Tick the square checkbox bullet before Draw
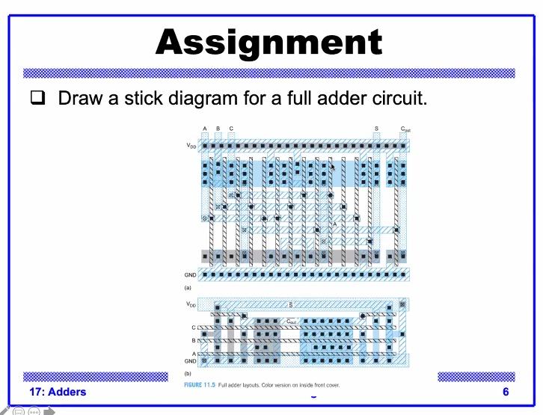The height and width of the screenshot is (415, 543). coord(38,98)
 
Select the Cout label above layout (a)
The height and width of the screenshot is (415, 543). coord(405,129)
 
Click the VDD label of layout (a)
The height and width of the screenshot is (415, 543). coord(192,146)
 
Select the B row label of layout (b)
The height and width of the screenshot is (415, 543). coord(194,340)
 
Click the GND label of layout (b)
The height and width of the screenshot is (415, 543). coord(191,360)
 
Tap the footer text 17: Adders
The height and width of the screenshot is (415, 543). coord(58,392)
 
